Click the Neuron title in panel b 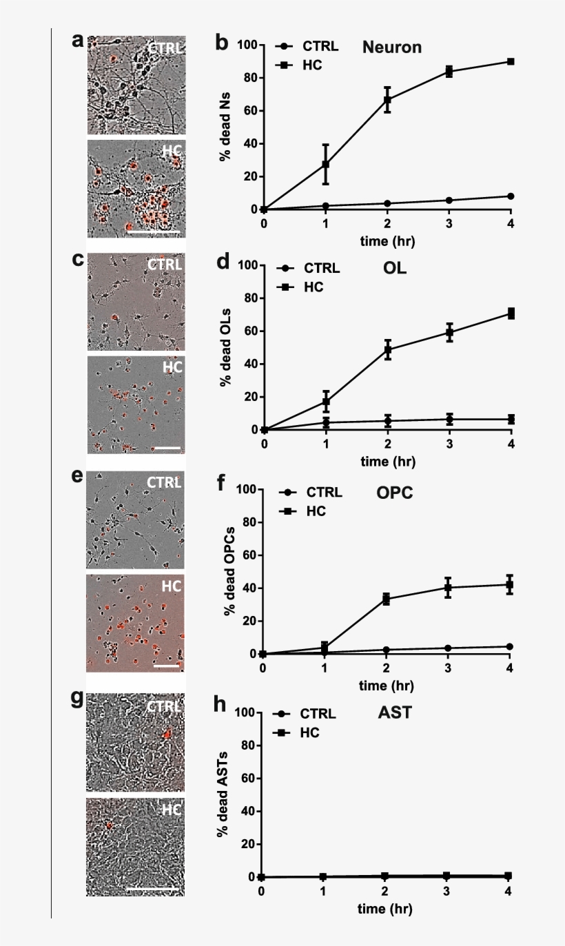point(391,48)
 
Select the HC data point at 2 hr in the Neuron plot point(387,100)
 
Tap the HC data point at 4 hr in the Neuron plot point(511,61)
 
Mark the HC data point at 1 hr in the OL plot point(326,402)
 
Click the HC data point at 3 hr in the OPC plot point(448,588)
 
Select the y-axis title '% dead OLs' point(225,349)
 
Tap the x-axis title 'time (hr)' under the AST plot point(384,909)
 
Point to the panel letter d point(222,264)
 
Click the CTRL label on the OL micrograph point(165,264)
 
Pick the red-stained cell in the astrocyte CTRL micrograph point(165,736)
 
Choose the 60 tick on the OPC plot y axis point(244,555)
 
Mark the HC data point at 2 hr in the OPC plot point(386,599)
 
